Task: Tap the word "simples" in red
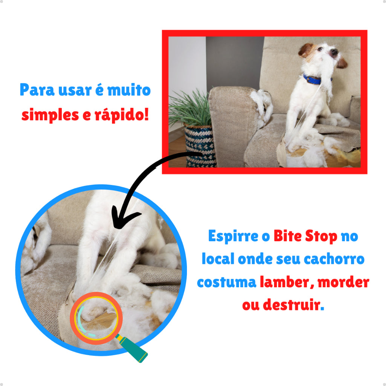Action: tap(46, 114)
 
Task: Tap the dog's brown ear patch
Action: tap(306, 49)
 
